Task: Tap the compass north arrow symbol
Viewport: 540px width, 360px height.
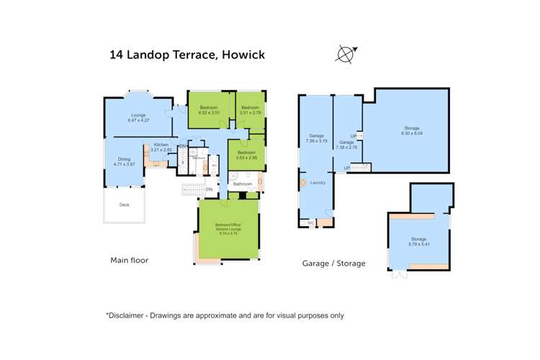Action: pos(346,53)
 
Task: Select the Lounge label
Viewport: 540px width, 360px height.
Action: pos(138,116)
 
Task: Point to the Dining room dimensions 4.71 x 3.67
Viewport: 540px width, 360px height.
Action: pos(124,164)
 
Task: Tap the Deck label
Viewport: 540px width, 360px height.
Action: pos(125,204)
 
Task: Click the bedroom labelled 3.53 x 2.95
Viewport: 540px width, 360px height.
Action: pos(246,156)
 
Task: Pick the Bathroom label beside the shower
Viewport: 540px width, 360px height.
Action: pos(243,184)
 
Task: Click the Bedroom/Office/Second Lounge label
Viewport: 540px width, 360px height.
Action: pos(228,229)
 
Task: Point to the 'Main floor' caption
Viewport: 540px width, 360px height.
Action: pos(130,260)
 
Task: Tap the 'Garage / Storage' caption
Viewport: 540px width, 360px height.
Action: pos(333,264)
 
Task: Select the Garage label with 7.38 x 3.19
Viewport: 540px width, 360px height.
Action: pos(316,138)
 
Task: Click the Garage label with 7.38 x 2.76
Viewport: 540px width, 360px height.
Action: pos(346,145)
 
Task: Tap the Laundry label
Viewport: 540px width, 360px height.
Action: pos(318,183)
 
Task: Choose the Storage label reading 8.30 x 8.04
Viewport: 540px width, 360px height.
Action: pos(412,130)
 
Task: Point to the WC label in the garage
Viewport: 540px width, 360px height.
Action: pos(310,222)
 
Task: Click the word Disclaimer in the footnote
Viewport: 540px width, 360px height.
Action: pos(128,315)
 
